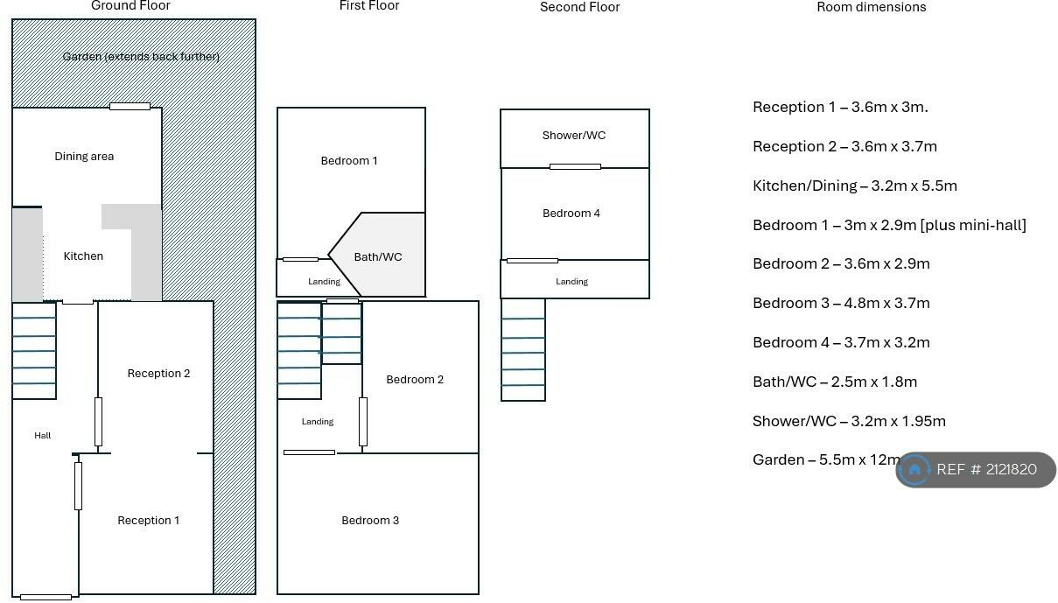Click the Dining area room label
pos(84,157)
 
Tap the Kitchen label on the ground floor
pos(83,256)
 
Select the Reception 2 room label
pos(158,374)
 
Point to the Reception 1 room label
pos(148,521)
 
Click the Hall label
pos(43,435)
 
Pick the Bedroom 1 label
pos(349,160)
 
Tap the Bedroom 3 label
pos(370,521)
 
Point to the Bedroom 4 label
pos(571,214)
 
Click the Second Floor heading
pos(579,7)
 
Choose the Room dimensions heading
pos(872,7)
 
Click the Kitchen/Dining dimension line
pos(855,186)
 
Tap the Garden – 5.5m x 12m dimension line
pos(826,459)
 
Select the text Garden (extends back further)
pos(141,57)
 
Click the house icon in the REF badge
pos(914,470)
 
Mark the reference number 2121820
pos(1010,469)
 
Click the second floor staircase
pos(523,350)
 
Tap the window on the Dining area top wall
pos(130,107)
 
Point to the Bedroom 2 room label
pos(415,380)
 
